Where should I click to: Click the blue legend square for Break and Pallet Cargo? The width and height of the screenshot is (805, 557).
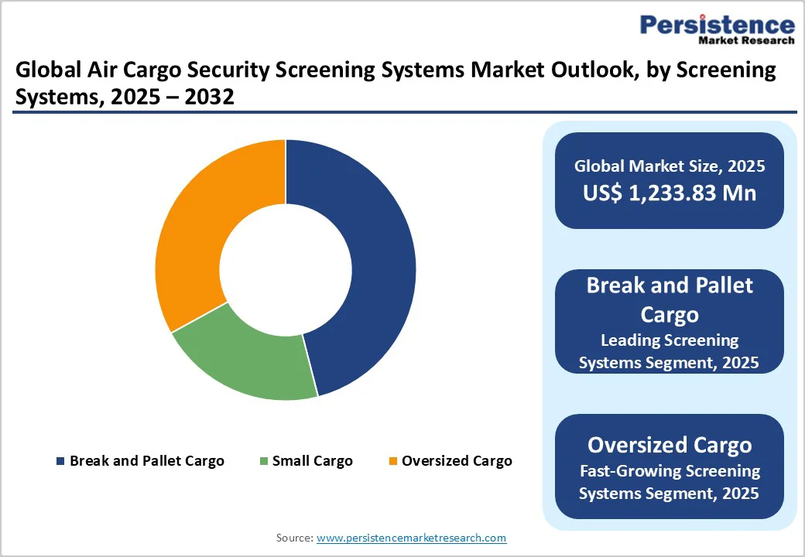(x=60, y=461)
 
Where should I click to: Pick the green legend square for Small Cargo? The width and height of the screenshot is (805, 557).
(x=263, y=461)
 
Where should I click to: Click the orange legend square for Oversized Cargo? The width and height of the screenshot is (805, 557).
(x=392, y=461)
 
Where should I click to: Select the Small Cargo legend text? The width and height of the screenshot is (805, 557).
(x=312, y=461)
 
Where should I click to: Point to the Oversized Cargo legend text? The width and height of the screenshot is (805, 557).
(x=457, y=461)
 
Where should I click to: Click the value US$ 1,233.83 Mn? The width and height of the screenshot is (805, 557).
(x=670, y=193)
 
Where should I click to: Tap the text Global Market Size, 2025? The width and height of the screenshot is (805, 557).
(x=670, y=166)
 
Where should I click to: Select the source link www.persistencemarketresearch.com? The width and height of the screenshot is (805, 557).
(x=411, y=538)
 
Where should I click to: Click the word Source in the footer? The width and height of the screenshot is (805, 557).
(x=294, y=538)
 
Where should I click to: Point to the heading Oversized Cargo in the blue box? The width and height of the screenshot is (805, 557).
(x=670, y=445)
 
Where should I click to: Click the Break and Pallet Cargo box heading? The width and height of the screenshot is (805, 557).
(x=670, y=299)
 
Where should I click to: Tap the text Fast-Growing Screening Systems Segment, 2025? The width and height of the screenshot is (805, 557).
(x=670, y=481)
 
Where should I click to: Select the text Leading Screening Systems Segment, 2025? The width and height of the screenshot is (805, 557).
(x=670, y=350)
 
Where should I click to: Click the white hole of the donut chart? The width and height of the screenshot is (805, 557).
(x=286, y=269)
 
